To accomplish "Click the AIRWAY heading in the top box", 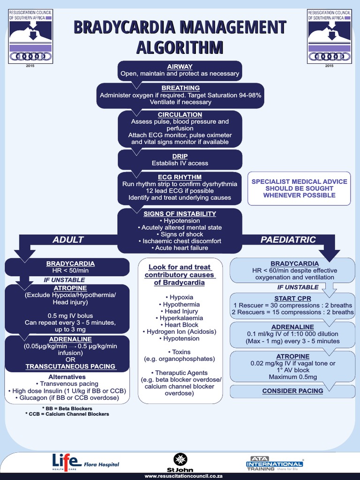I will click(x=180, y=67).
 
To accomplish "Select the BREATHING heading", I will click(x=180, y=88).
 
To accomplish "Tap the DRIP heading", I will click(x=180, y=156).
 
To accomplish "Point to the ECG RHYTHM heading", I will click(x=180, y=177).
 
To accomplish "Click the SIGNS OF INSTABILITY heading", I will click(x=180, y=213).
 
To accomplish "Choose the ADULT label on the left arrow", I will click(x=68, y=240).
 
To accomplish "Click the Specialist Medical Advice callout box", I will click(x=299, y=188).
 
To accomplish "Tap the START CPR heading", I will click(x=292, y=298).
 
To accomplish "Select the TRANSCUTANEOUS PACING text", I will click(x=70, y=366).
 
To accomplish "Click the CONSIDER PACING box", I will click(x=292, y=390).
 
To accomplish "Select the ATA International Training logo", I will click(x=275, y=463).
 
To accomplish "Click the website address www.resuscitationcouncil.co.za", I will click(x=180, y=476).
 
